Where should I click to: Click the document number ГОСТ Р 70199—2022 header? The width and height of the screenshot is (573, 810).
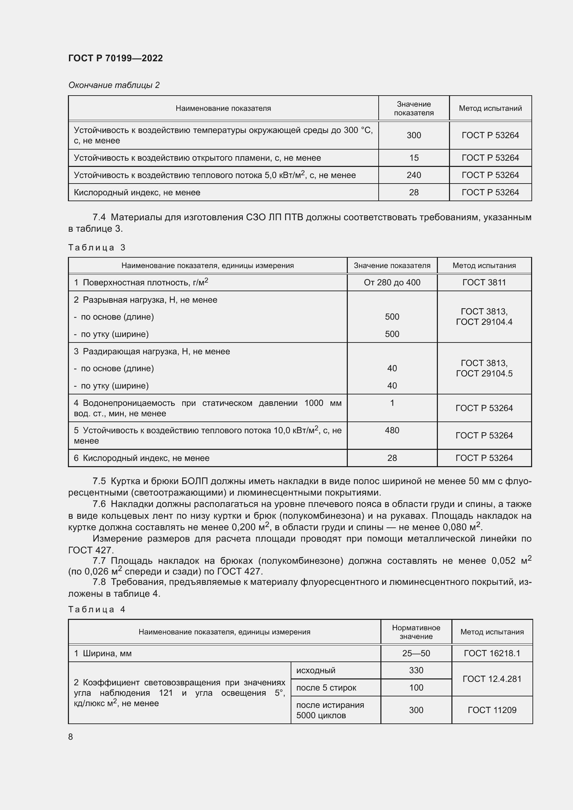(x=115, y=58)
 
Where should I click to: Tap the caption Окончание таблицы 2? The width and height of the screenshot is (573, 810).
(x=114, y=85)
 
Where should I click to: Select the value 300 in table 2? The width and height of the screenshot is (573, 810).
(x=414, y=135)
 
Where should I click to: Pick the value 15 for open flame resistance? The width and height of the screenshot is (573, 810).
(x=414, y=158)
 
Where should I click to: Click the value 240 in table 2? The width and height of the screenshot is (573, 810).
(x=414, y=175)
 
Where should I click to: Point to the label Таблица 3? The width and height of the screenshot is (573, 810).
(x=97, y=247)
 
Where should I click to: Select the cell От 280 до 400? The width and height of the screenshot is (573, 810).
(x=392, y=282)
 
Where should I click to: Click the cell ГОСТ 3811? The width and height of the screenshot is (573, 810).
(x=484, y=282)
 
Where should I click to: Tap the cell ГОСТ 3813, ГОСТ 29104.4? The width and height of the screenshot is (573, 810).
(x=484, y=317)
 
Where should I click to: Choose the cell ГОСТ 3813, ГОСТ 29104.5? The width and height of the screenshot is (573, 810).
(x=484, y=368)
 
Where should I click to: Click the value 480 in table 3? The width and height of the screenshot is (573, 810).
(x=392, y=430)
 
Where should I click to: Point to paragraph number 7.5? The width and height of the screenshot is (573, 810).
(x=99, y=481)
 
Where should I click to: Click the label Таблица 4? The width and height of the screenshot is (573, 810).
(x=97, y=609)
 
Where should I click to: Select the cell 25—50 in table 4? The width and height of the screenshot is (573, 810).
(x=416, y=653)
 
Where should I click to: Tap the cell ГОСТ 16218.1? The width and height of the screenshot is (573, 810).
(x=492, y=653)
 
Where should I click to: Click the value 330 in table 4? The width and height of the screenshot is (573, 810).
(x=416, y=670)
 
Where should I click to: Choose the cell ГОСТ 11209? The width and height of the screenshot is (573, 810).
(x=492, y=710)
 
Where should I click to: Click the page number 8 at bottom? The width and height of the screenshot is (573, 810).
(x=71, y=737)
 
